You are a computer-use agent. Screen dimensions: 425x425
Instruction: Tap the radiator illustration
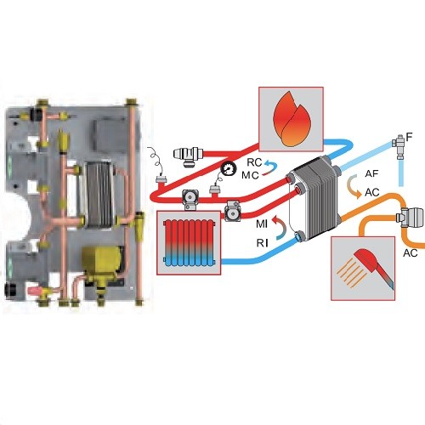189,243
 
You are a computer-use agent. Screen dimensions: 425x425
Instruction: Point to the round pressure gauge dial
229,168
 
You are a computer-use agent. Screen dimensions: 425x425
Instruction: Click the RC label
254,162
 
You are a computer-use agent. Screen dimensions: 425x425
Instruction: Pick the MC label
250,175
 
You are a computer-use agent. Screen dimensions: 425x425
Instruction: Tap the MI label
262,224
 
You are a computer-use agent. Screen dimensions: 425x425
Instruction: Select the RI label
263,243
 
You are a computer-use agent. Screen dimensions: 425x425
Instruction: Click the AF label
371,173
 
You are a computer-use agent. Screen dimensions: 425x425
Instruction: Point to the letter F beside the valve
409,137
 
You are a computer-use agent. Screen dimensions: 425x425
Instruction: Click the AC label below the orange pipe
411,253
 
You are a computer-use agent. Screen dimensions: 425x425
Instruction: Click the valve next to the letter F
399,147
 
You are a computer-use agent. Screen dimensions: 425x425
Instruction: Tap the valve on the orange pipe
410,217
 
